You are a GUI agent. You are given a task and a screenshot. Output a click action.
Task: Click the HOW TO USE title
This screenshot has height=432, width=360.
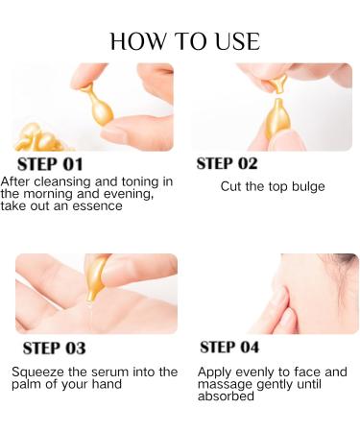[x=184, y=41]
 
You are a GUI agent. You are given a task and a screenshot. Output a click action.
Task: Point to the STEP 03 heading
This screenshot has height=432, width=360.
[x=54, y=348]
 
